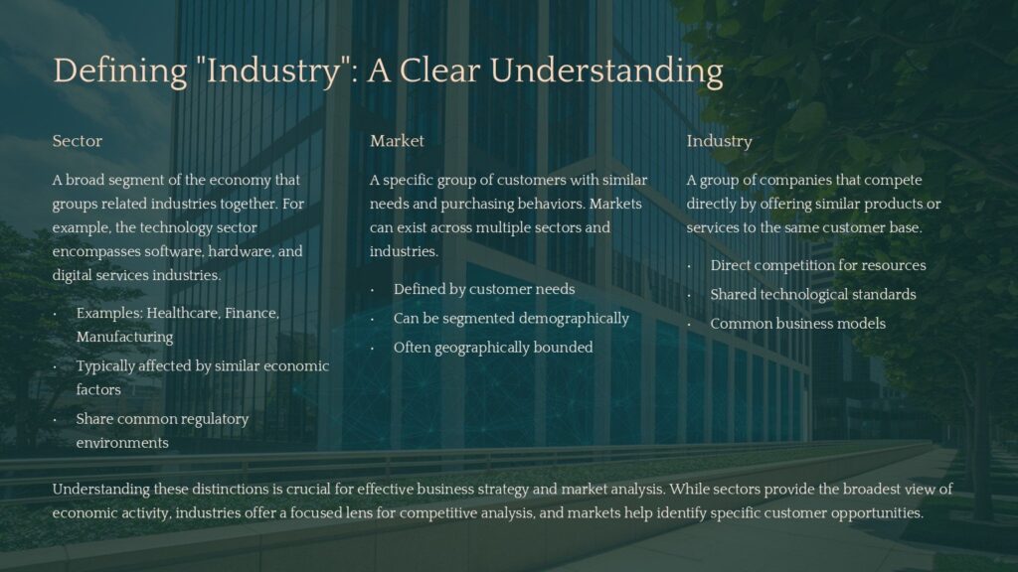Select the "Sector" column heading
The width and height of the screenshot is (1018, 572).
(x=78, y=141)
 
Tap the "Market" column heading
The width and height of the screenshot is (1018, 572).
(x=397, y=141)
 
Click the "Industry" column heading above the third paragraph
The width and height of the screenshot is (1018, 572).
(x=719, y=141)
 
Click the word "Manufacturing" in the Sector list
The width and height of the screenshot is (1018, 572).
(x=124, y=337)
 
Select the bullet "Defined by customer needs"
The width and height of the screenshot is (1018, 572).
(x=483, y=289)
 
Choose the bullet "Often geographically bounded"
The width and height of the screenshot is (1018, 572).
(x=492, y=348)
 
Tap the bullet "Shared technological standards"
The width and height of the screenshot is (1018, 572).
(x=812, y=294)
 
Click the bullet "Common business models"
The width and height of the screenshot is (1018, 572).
(x=797, y=323)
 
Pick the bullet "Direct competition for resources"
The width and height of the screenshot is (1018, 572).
(x=817, y=265)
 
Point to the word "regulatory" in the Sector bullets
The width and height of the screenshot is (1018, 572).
(x=215, y=419)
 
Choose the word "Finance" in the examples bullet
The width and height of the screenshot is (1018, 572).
(x=252, y=313)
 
